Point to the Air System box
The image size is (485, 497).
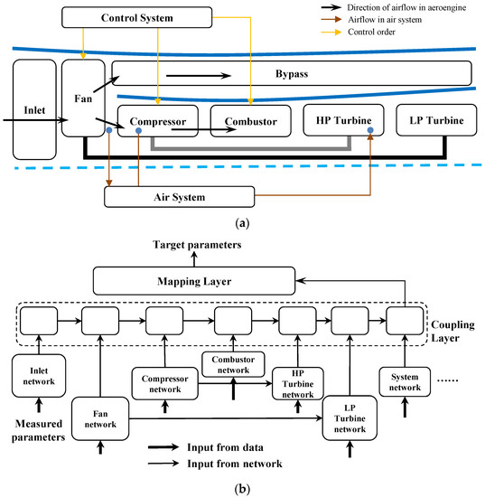coord(180,195)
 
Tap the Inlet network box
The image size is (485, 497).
coord(35,375)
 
